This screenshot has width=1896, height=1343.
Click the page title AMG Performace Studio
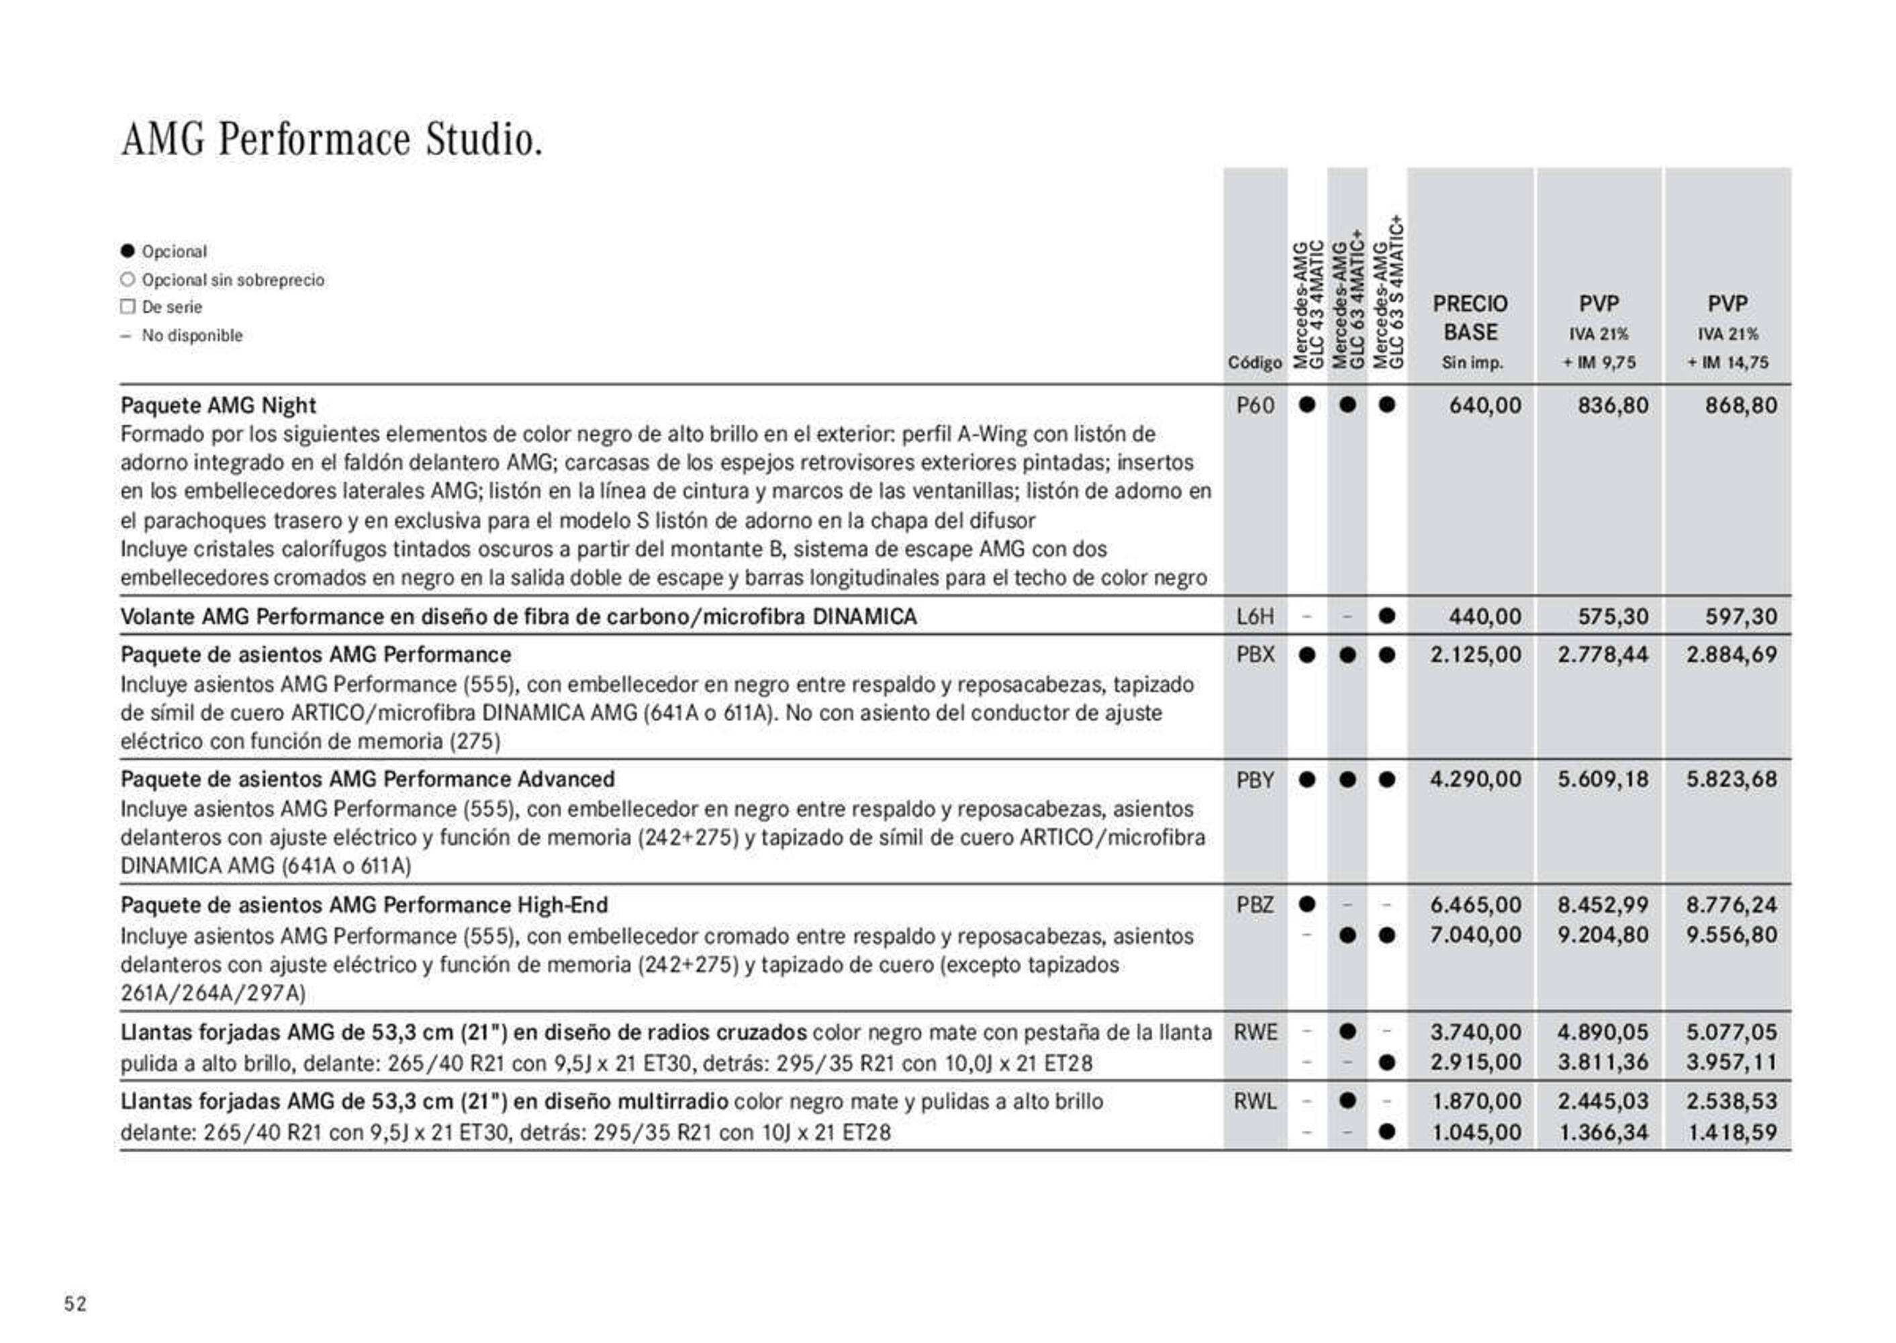point(332,139)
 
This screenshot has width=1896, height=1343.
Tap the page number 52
point(75,1304)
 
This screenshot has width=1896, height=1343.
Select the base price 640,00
point(1484,405)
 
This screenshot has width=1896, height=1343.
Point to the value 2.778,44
point(1603,655)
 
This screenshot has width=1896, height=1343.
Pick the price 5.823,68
point(1732,780)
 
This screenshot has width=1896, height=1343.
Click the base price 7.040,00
point(1475,935)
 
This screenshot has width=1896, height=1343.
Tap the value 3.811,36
point(1603,1063)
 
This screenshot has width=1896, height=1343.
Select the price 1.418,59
point(1732,1132)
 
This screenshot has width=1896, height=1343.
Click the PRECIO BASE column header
point(1470,318)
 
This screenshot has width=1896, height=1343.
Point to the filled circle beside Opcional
point(128,250)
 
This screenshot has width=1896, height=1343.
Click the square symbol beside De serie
point(128,307)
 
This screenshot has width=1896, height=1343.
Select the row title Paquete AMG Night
point(218,405)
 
